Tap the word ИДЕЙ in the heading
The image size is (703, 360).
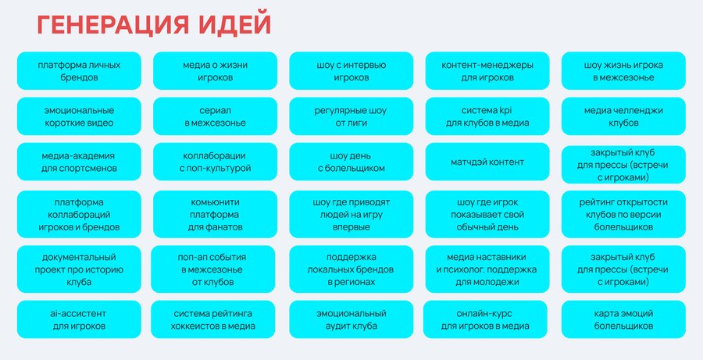(x=235, y=25)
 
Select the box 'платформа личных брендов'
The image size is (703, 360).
(x=79, y=71)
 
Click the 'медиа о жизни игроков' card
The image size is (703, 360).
(x=216, y=71)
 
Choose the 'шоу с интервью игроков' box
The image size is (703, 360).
(x=351, y=71)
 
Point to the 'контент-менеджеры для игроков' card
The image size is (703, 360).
(x=487, y=71)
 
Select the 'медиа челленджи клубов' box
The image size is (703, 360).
(x=623, y=116)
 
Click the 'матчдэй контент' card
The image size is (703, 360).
(x=487, y=162)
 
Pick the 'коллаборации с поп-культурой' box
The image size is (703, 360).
(x=216, y=162)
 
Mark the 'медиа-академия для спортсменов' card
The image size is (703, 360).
(x=79, y=162)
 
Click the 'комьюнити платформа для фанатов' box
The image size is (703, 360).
(x=216, y=214)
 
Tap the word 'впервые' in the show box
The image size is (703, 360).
(x=351, y=227)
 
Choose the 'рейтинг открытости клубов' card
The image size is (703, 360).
(x=623, y=214)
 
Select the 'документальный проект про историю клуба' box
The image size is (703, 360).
(x=79, y=269)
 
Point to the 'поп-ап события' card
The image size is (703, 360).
(x=213, y=269)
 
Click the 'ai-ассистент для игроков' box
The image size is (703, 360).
(x=79, y=319)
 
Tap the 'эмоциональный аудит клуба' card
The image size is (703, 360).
(x=351, y=319)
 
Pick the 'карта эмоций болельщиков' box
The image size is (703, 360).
(x=623, y=319)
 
